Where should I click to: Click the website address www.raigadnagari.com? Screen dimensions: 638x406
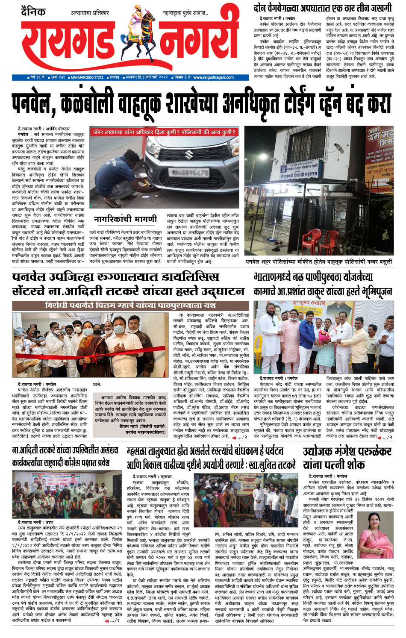(213, 77)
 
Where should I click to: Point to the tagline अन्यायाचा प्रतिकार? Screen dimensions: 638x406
(90, 13)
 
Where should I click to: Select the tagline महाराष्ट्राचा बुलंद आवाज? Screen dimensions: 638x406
(185, 13)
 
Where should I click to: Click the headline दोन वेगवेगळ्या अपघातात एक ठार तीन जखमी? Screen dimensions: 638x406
(322, 8)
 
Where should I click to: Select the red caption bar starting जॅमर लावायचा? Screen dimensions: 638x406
(164, 132)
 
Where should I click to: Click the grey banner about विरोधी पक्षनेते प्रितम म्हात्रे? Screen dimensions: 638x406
(130, 305)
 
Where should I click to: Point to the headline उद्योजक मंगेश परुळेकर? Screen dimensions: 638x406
(347, 452)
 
